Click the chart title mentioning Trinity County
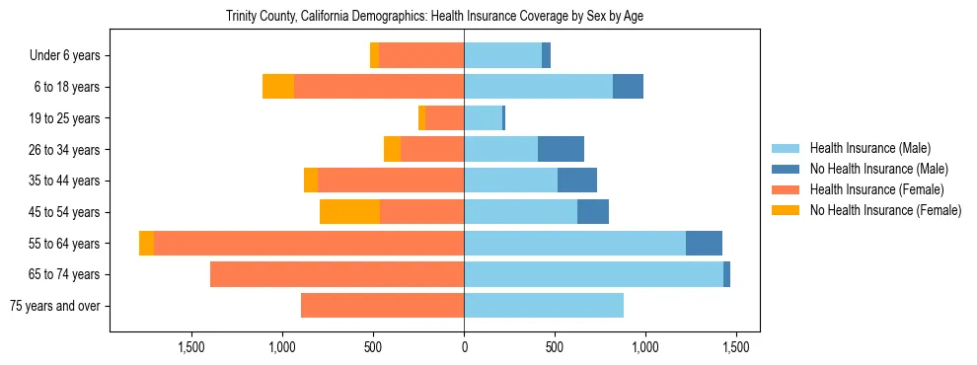point(434,17)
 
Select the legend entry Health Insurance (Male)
point(869,148)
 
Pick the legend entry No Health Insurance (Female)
point(885,210)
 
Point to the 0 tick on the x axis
point(464,347)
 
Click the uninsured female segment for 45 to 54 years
point(349,212)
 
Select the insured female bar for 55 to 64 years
point(309,243)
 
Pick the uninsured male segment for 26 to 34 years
point(561,150)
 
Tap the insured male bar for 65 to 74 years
point(593,274)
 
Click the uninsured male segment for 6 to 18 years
point(628,87)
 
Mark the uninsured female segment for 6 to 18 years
point(278,87)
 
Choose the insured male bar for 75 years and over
point(544,306)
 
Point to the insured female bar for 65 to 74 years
point(337,274)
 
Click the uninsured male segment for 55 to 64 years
point(704,243)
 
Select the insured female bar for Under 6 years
point(421,56)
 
